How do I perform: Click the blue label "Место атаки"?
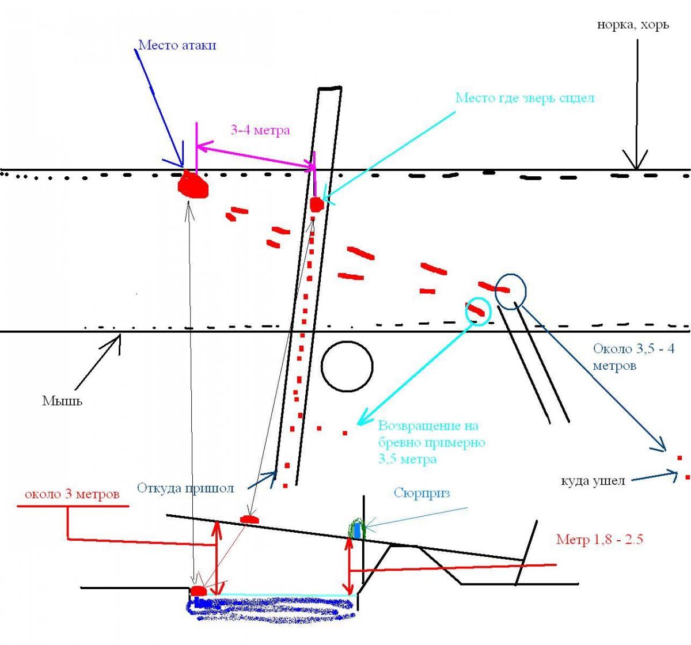pyautogui.click(x=177, y=45)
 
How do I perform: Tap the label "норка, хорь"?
pyautogui.click(x=633, y=25)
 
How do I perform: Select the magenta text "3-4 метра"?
pyautogui.click(x=260, y=130)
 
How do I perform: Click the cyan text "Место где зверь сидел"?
pyautogui.click(x=525, y=98)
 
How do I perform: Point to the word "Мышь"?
pyautogui.click(x=62, y=400)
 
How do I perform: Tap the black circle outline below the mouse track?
pyautogui.click(x=347, y=366)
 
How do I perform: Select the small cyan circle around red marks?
pyautogui.click(x=478, y=310)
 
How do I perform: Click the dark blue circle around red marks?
pyautogui.click(x=511, y=291)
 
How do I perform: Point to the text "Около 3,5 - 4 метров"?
pyautogui.click(x=633, y=357)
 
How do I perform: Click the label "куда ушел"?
pyautogui.click(x=593, y=480)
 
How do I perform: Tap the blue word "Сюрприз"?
pyautogui.click(x=422, y=493)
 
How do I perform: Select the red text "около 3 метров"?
pyautogui.click(x=72, y=495)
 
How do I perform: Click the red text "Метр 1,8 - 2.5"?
pyautogui.click(x=599, y=540)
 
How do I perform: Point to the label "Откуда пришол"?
pyautogui.click(x=185, y=488)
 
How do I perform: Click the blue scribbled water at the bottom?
pyautogui.click(x=271, y=609)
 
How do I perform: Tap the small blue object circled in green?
pyautogui.click(x=358, y=530)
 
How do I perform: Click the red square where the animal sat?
pyautogui.click(x=316, y=204)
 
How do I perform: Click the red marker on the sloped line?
pyautogui.click(x=249, y=519)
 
